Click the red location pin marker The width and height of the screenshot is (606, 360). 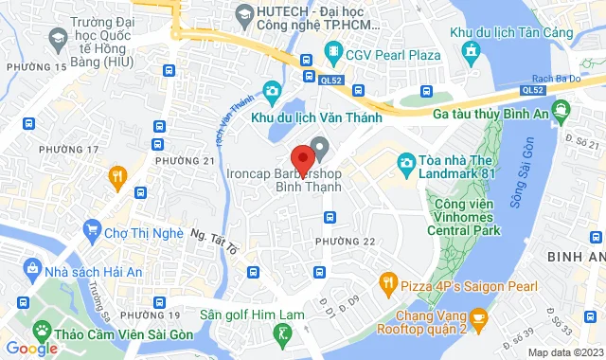click(x=302, y=157)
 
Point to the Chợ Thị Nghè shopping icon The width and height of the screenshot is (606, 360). click(x=92, y=227)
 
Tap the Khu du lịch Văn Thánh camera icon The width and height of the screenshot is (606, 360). click(x=272, y=91)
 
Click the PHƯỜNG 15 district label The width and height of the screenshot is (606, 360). click(x=37, y=67)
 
